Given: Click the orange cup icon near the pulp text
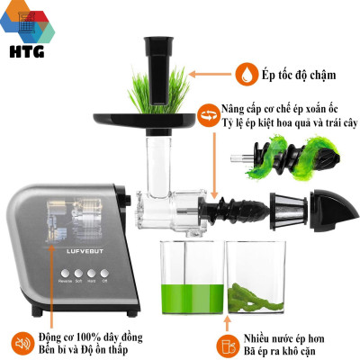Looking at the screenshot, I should [231, 344].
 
